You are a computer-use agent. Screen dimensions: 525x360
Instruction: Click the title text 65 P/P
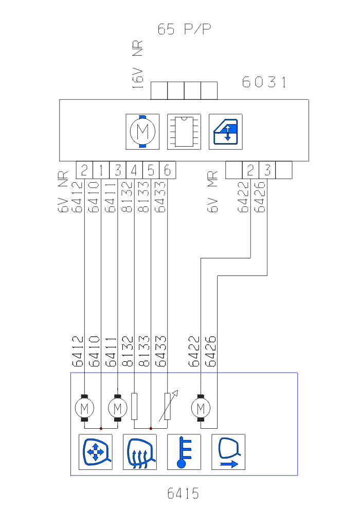pyautogui.click(x=185, y=29)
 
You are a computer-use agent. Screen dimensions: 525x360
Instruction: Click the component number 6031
pyautogui.click(x=264, y=82)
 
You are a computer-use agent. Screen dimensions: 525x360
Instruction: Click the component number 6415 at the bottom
pyautogui.click(x=183, y=494)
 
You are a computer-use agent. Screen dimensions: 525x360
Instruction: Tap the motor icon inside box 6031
pyautogui.click(x=142, y=132)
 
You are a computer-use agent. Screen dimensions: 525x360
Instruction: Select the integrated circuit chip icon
pyautogui.click(x=184, y=132)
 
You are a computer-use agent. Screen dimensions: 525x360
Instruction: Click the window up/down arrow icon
pyautogui.click(x=225, y=132)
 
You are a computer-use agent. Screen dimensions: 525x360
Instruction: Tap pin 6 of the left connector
pyautogui.click(x=167, y=170)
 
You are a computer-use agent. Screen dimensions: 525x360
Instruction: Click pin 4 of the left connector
pyautogui.click(x=134, y=170)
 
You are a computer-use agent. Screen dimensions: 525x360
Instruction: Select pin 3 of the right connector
pyautogui.click(x=267, y=170)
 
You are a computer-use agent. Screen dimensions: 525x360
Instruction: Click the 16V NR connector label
pyautogui.click(x=138, y=66)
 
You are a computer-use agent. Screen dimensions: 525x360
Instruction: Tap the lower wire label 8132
pyautogui.click(x=128, y=352)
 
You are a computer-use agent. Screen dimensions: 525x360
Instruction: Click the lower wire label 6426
pyautogui.click(x=210, y=352)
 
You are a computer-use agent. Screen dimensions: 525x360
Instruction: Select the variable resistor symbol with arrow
pyautogui.click(x=168, y=407)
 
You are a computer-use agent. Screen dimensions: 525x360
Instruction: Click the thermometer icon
pyautogui.click(x=184, y=452)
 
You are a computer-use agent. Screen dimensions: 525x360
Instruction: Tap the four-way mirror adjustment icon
pyautogui.click(x=95, y=452)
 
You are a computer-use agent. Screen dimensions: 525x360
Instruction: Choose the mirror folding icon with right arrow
pyautogui.click(x=228, y=452)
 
